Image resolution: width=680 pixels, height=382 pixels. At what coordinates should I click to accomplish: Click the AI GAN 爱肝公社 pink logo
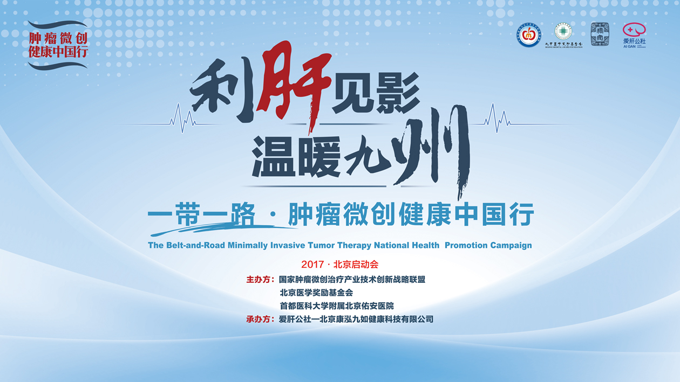634,35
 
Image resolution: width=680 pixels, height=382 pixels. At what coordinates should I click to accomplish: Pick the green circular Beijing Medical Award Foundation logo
563,33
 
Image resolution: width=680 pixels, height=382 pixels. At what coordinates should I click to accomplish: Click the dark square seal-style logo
600,34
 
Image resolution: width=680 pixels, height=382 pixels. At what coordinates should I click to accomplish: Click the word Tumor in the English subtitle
321,245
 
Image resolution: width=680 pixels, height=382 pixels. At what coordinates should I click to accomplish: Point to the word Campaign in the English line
510,245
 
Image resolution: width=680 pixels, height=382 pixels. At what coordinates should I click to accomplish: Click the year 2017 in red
312,265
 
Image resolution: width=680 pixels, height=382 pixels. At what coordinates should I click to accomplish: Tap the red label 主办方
260,280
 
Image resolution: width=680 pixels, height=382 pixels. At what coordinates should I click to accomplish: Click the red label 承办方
260,319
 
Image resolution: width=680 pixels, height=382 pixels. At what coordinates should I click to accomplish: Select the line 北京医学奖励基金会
316,293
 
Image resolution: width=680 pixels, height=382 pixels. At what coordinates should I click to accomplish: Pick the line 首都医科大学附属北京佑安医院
336,306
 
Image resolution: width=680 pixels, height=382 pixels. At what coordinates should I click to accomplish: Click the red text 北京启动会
356,265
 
